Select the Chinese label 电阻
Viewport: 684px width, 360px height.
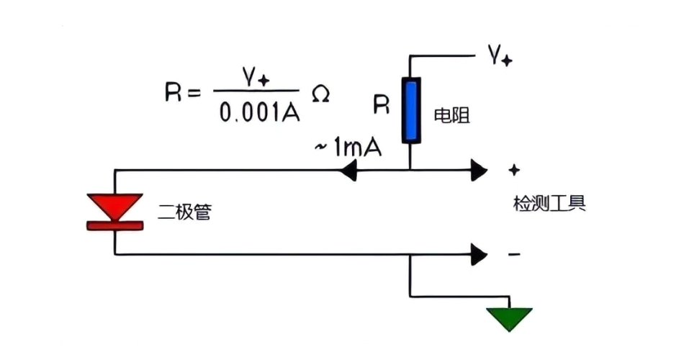tap(452, 116)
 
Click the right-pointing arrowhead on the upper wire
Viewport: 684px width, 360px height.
tap(478, 171)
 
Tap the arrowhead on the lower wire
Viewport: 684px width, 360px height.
tap(478, 254)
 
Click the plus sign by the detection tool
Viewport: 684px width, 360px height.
tap(514, 171)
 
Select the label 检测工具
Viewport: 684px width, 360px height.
tap(549, 204)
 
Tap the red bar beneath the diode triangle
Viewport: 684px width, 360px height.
tap(114, 225)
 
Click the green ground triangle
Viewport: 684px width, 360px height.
tap(509, 318)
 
